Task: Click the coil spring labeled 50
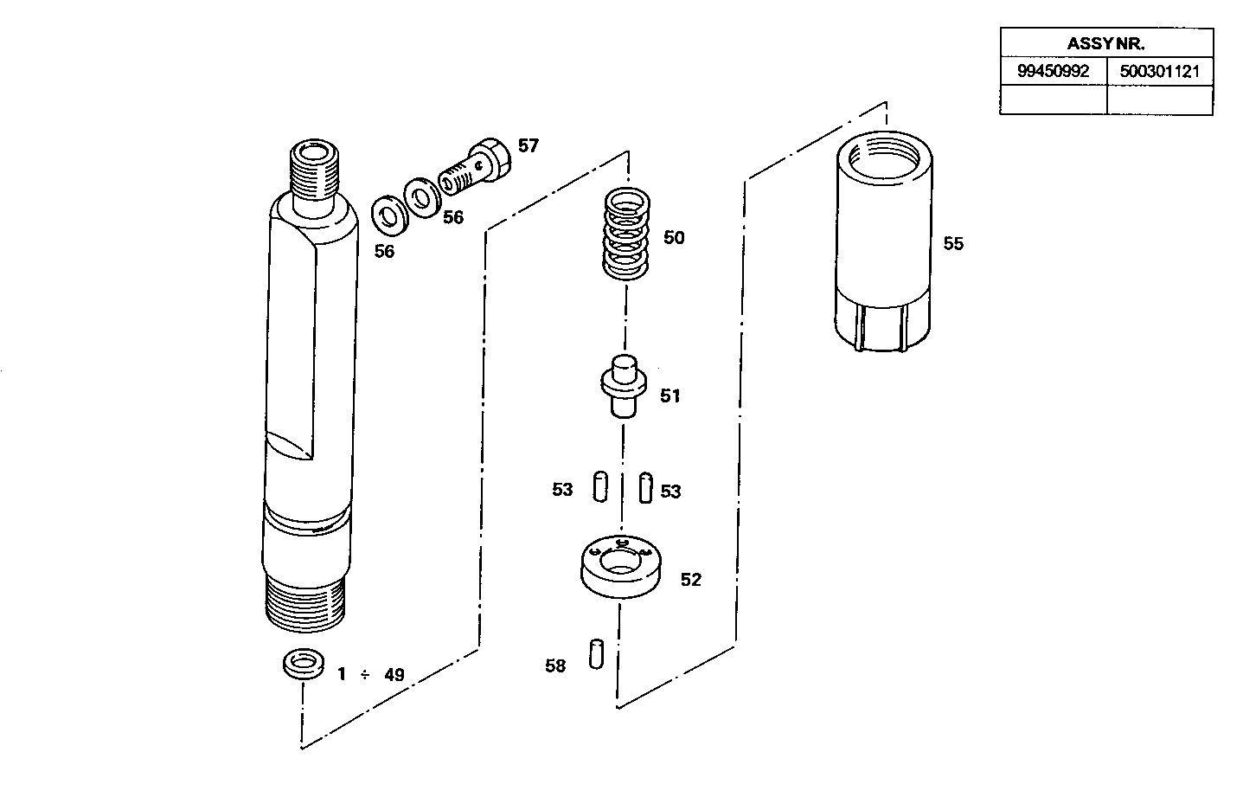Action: [625, 235]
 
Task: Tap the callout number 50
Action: [674, 238]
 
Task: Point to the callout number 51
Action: [670, 396]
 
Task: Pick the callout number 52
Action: [691, 580]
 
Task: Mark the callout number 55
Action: [953, 244]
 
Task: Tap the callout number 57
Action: [529, 146]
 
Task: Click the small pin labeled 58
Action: [595, 652]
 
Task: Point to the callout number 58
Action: [555, 666]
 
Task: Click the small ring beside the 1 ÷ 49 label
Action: [303, 664]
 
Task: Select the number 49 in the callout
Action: [394, 675]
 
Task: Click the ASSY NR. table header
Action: [1106, 43]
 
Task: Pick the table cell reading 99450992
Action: [1054, 72]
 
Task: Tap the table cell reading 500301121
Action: [1160, 72]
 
